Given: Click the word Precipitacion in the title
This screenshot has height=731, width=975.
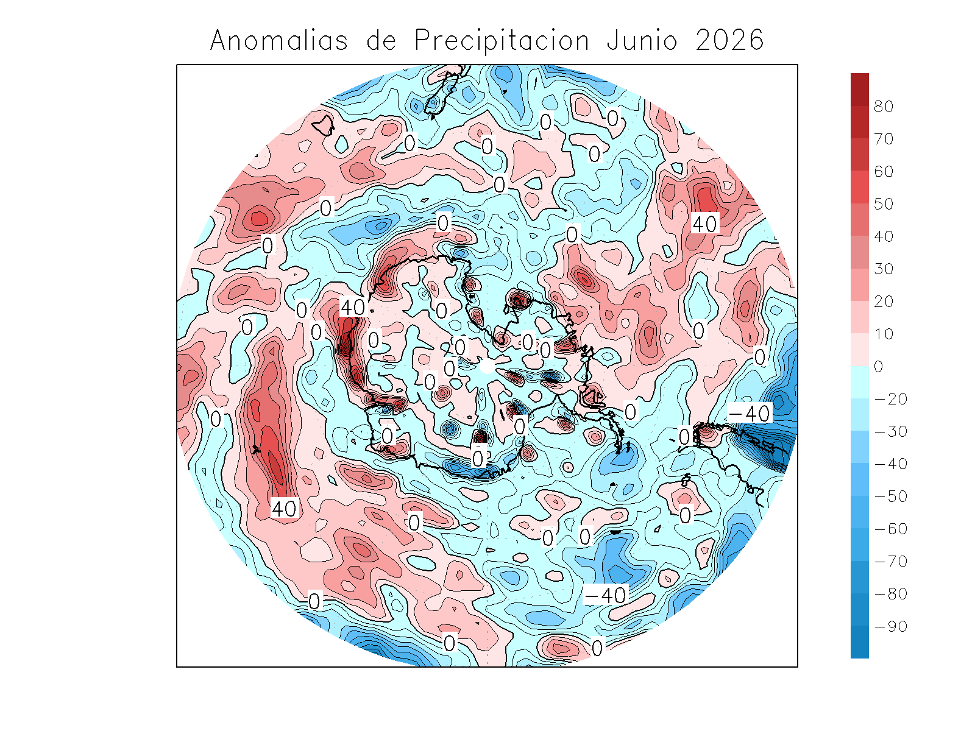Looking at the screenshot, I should (502, 41).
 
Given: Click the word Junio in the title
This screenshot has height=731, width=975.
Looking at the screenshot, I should (642, 41).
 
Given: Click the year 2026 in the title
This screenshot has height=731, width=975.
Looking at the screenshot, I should (729, 41).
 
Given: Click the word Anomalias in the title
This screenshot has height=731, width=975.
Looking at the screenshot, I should (279, 41).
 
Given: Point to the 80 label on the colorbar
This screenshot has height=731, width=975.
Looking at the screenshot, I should (883, 107).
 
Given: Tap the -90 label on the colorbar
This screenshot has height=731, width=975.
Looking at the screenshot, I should (890, 626).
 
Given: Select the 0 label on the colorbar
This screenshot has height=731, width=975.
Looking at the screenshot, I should (878, 367).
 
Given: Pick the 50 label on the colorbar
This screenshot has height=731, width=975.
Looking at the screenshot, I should (883, 204).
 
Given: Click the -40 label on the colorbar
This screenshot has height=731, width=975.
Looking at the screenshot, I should (890, 464).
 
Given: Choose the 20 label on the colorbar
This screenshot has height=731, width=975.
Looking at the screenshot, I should (883, 302).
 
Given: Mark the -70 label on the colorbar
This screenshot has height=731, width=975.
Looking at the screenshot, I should (890, 562).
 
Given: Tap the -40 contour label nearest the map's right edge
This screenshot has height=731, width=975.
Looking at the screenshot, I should (750, 414).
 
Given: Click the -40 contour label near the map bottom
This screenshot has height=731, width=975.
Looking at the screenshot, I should (605, 595).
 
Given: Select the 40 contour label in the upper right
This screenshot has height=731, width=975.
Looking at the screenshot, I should (705, 224).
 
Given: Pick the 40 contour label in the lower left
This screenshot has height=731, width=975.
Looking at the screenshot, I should (284, 508).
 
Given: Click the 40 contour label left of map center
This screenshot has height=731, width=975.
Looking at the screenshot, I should (353, 307).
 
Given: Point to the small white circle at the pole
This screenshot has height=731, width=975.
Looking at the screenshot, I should (486, 367).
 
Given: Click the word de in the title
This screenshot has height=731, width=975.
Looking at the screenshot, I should (381, 41).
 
